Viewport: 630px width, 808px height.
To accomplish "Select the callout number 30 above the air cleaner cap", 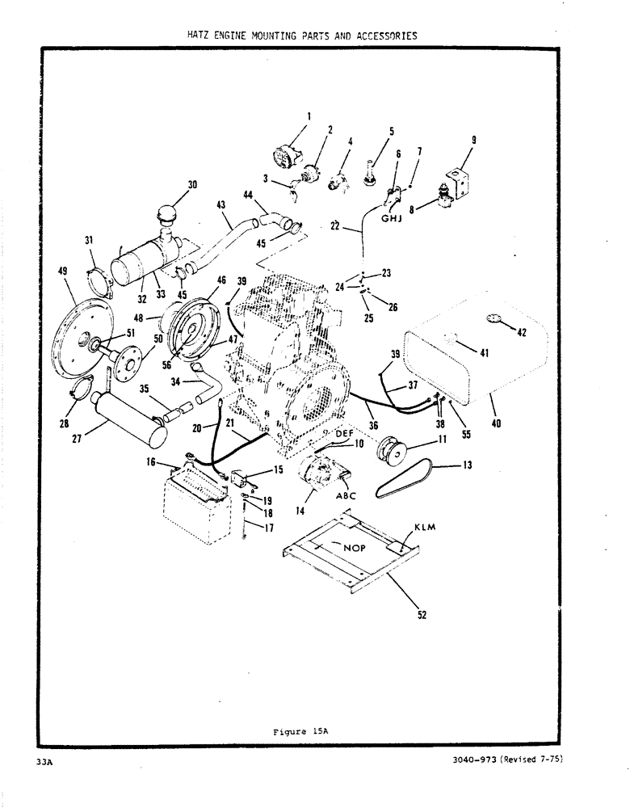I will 192,185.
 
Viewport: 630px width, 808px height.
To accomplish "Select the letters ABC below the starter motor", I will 344,497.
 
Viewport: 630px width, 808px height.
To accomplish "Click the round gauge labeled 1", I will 285,155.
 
